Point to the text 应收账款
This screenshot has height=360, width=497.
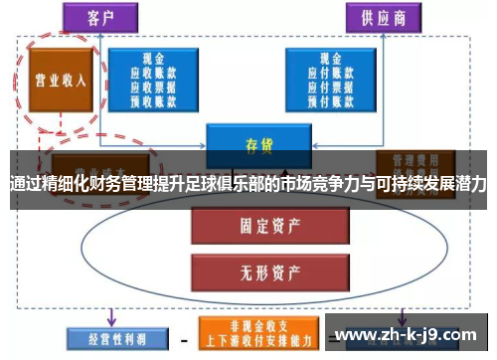pyautogui.click(x=153, y=73)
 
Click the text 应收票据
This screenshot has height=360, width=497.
pyautogui.click(x=153, y=86)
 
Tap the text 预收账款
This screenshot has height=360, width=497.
pyautogui.click(x=153, y=98)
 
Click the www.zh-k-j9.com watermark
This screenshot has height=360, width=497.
pyautogui.click(x=407, y=334)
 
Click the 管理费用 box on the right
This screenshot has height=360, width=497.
pyautogui.click(x=414, y=162)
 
